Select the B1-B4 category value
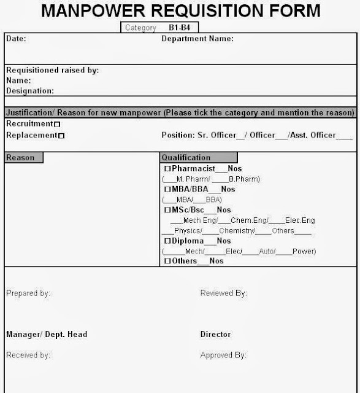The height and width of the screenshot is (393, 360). point(181,28)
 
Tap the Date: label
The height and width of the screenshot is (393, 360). point(16,39)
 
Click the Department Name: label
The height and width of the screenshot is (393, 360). point(197,39)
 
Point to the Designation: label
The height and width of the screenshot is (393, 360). point(30,91)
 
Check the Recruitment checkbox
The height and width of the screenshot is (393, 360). point(57,125)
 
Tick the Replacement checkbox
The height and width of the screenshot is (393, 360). point(61,136)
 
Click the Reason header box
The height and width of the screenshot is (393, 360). point(23,158)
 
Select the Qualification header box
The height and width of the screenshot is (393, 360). point(198,158)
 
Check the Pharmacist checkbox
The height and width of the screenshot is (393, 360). point(167,168)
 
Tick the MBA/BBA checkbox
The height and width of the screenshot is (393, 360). point(167,189)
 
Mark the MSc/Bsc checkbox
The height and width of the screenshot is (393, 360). point(167,210)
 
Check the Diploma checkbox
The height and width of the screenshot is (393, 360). point(167,241)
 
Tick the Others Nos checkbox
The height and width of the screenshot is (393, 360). point(167,262)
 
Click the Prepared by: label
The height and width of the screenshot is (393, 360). point(28,294)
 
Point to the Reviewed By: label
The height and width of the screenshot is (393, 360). point(224,294)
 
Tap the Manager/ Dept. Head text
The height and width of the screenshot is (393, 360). point(47,335)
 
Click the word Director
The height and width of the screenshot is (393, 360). point(215,335)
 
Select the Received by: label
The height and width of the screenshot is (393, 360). point(28,355)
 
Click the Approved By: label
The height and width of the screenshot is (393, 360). point(223,355)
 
